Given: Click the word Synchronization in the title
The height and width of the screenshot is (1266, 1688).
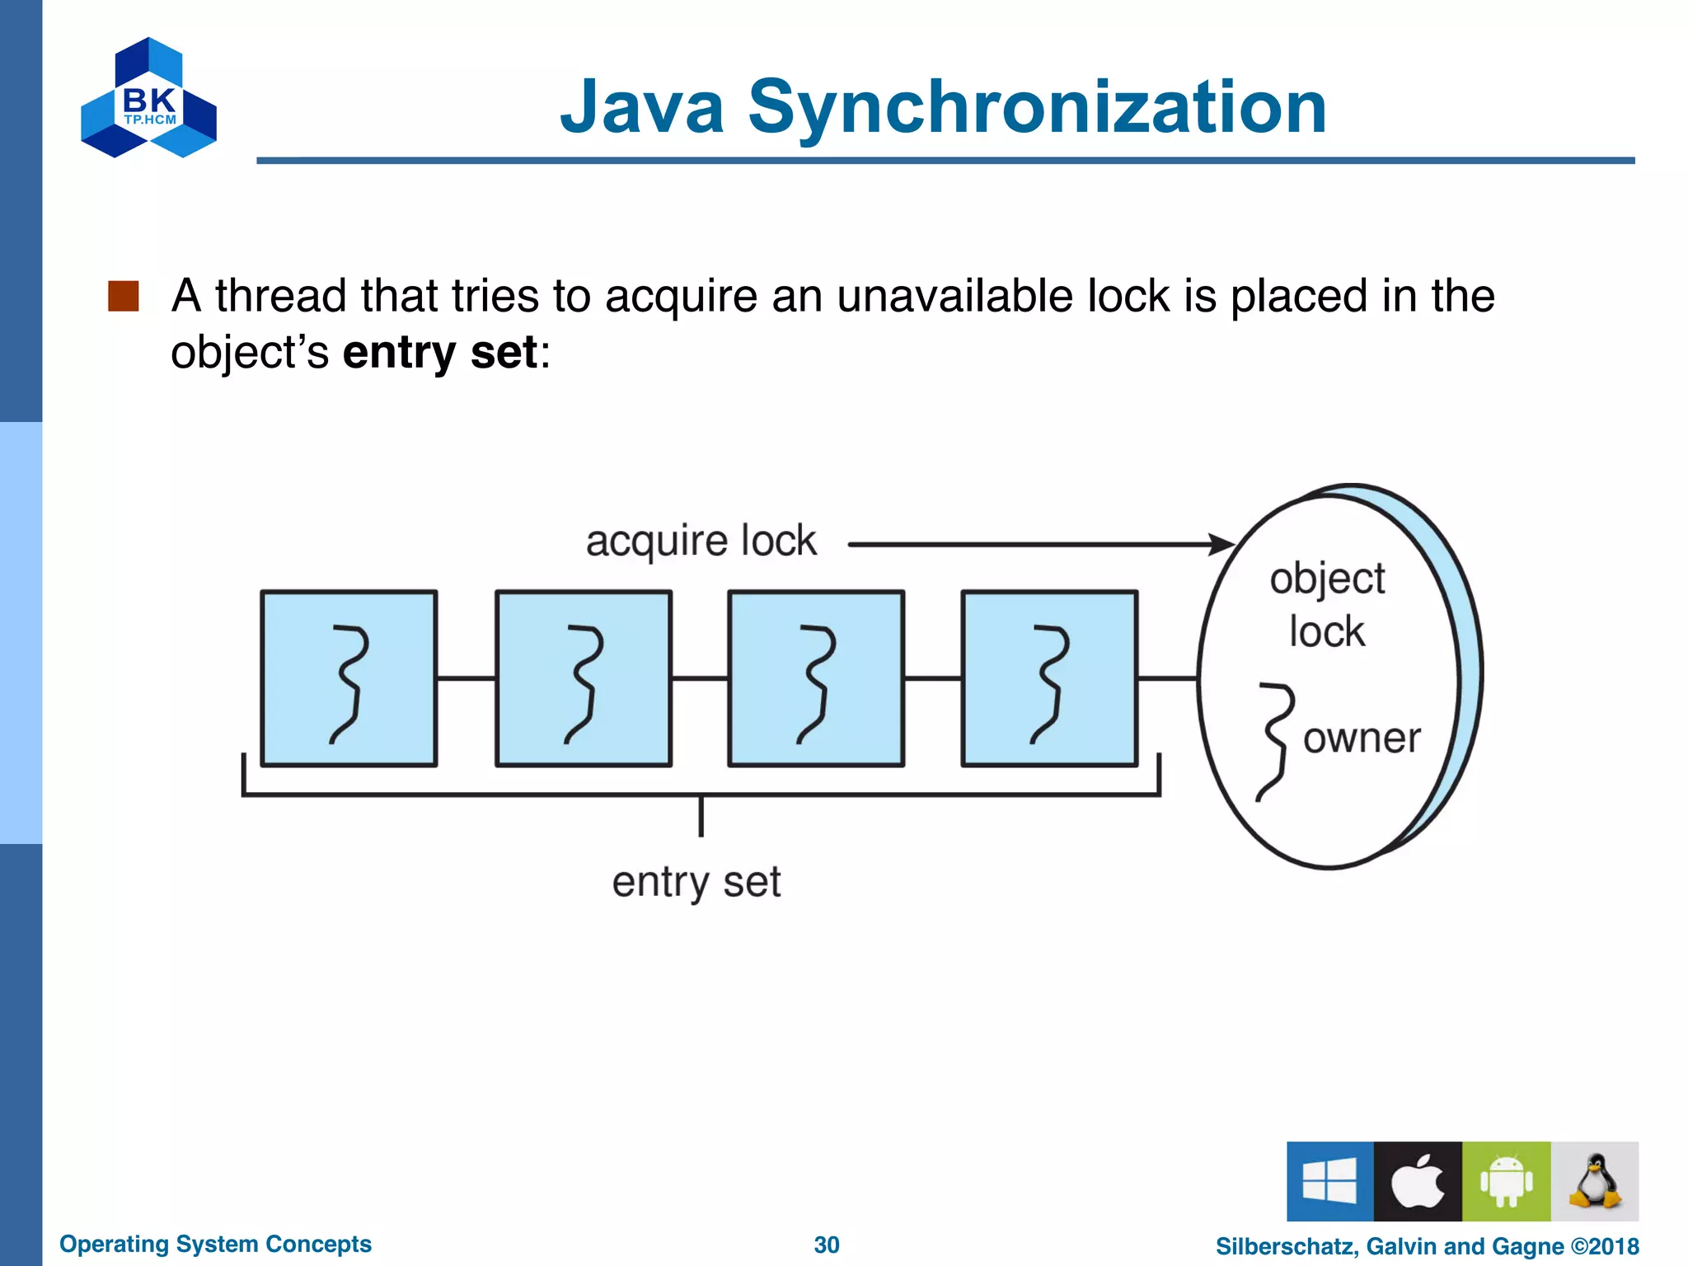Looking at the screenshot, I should click(x=1036, y=107).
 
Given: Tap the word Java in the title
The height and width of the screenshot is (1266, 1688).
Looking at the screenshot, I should click(x=642, y=107).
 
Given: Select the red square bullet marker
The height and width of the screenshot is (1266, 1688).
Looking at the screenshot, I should click(x=124, y=296).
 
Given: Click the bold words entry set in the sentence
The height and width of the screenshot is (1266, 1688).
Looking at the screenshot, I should click(x=439, y=353).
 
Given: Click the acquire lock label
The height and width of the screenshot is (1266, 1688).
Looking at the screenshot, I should click(x=701, y=542).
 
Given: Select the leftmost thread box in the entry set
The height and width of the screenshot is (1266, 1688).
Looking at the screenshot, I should click(x=349, y=678).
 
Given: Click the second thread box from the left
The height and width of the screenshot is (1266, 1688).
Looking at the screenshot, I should click(x=583, y=678).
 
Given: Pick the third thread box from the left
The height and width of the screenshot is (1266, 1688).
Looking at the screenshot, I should click(x=816, y=678).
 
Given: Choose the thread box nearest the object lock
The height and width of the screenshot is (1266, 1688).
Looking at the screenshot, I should click(x=1049, y=678).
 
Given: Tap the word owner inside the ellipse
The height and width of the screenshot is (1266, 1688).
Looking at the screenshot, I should click(x=1362, y=738).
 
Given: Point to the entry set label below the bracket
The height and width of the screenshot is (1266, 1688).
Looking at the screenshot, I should click(x=696, y=882).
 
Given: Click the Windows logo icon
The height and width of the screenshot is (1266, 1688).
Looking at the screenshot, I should click(x=1329, y=1181).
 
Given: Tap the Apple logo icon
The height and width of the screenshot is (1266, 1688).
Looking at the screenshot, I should click(x=1418, y=1181).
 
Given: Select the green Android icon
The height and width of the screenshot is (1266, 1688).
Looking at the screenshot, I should click(x=1506, y=1181).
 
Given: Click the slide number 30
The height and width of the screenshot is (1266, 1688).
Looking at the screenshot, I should click(x=826, y=1245).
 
